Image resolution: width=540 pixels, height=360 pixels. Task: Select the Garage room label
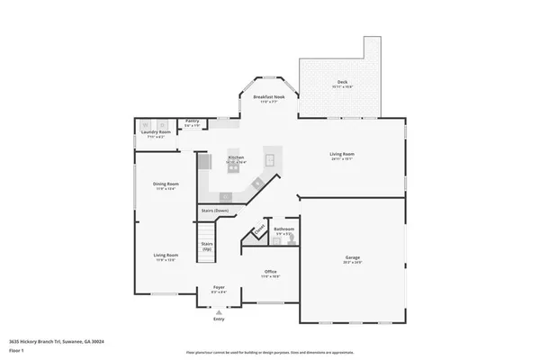352,258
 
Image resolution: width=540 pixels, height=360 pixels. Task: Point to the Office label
270,271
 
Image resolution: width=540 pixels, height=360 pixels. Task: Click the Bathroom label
284,229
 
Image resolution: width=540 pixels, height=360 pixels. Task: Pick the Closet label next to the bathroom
260,232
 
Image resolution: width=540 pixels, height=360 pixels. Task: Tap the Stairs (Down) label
214,211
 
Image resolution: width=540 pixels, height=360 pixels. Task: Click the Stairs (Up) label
207,245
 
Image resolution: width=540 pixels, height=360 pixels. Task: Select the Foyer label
219,289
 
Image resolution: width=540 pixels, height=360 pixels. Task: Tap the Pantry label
192,121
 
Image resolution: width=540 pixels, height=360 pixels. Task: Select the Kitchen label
235,157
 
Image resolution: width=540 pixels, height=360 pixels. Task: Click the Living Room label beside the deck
340,154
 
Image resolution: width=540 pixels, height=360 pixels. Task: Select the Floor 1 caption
17,350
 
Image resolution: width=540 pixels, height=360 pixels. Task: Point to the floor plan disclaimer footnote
269,352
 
